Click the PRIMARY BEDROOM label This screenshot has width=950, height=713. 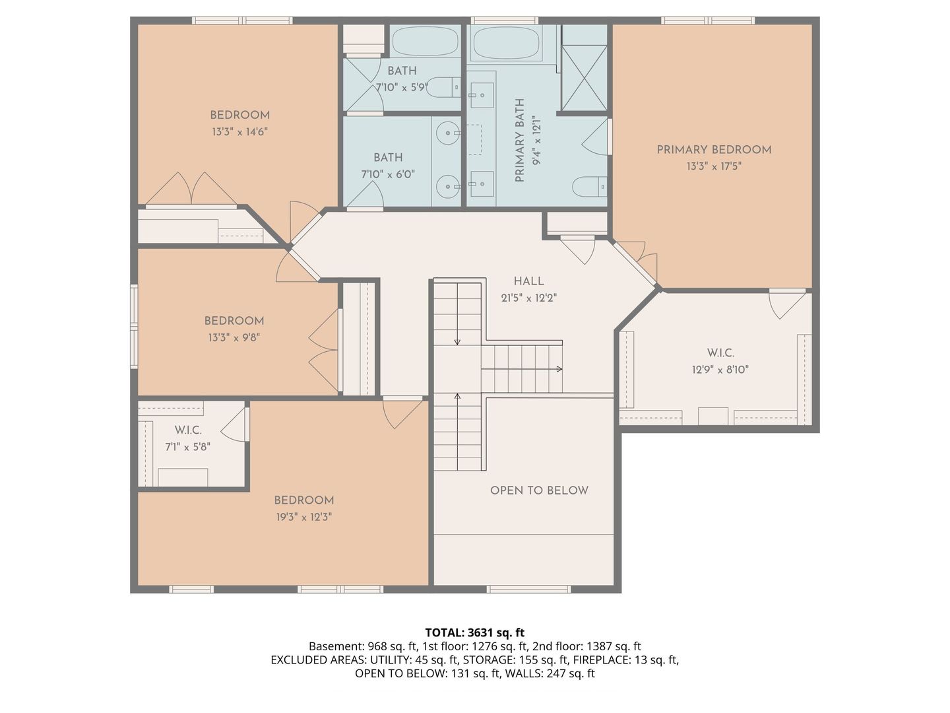714,150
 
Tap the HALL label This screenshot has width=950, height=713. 528,281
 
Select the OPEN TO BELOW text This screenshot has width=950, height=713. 539,491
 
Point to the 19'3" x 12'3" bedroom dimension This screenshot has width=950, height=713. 304,517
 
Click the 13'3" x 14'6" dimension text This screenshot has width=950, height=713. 239,131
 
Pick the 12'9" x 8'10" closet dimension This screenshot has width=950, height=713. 720,370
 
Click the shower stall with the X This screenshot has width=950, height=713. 584,78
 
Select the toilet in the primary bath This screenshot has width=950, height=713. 589,187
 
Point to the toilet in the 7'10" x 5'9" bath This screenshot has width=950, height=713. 443,87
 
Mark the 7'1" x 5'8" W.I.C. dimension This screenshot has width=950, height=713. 188,447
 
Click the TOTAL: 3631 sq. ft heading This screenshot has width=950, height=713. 475,633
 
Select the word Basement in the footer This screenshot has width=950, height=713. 336,646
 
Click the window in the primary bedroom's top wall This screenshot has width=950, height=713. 708,20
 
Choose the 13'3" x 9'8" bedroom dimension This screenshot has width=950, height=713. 234,337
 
